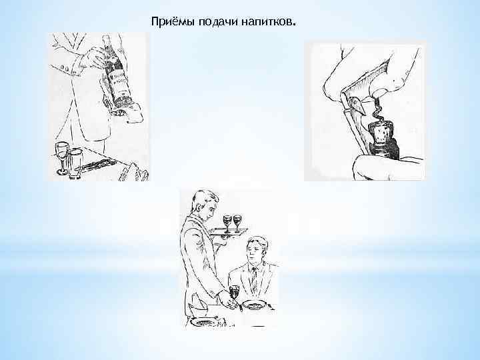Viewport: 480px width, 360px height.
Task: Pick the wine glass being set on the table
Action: click(234, 294)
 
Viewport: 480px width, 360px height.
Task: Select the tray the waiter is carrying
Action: click(227, 231)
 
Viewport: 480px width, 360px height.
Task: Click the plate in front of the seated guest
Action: click(254, 305)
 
